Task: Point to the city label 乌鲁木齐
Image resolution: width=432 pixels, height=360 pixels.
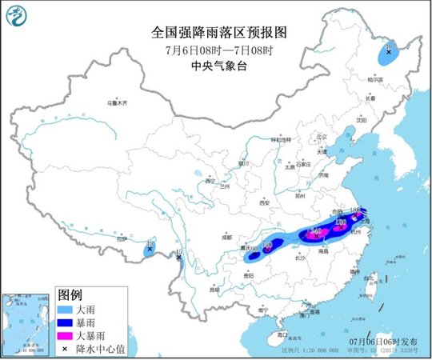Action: click(117, 103)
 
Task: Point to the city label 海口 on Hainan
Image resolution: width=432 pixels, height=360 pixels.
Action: click(281, 334)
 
